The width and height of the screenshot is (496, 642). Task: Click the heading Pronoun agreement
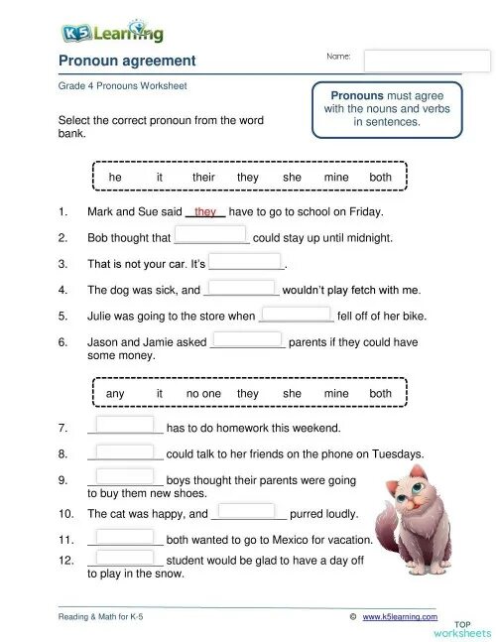pos(127,62)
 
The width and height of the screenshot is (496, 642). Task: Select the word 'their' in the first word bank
pos(203,178)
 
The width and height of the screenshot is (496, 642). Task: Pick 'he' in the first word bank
pos(115,178)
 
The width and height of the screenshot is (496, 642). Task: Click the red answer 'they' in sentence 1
pos(206,211)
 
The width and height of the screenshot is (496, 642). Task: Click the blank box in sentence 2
pos(211,236)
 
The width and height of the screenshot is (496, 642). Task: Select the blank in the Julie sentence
pos(296,315)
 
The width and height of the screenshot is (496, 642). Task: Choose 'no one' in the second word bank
pos(204,394)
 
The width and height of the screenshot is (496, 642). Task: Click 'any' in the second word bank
pos(115,394)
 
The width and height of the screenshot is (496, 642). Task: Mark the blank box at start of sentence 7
pos(125,427)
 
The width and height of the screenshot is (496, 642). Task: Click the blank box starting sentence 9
pos(125,478)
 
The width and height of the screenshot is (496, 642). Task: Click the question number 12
pos(66,561)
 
